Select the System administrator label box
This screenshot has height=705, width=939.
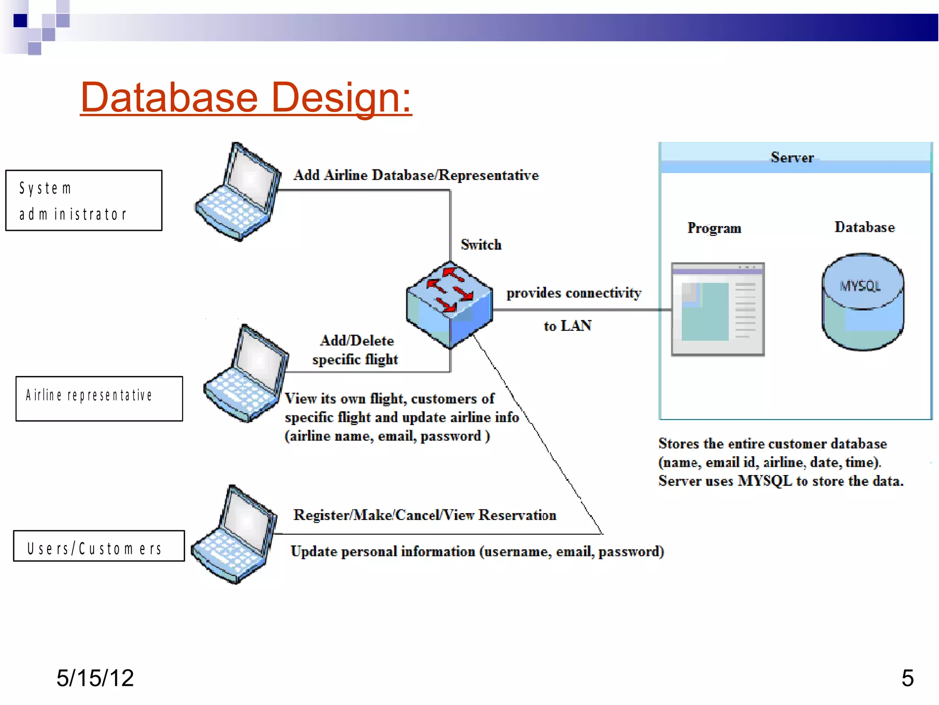tap(83, 201)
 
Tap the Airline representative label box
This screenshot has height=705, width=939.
tap(99, 398)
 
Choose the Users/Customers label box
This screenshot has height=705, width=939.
tap(99, 546)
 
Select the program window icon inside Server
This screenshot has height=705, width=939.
tap(718, 309)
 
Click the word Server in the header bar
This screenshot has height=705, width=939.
tap(792, 157)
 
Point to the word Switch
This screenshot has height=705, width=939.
tap(481, 245)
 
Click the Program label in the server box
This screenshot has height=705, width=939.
tap(714, 228)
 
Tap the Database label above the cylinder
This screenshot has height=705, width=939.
tap(864, 227)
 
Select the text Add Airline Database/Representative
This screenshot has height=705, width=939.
tap(416, 175)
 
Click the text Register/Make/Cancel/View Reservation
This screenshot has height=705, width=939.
tap(425, 515)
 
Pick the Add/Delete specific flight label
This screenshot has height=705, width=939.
tap(356, 350)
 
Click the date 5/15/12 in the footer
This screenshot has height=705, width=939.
tap(95, 678)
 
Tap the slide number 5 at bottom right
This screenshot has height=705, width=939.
tap(907, 678)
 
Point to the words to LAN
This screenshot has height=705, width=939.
tap(567, 326)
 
